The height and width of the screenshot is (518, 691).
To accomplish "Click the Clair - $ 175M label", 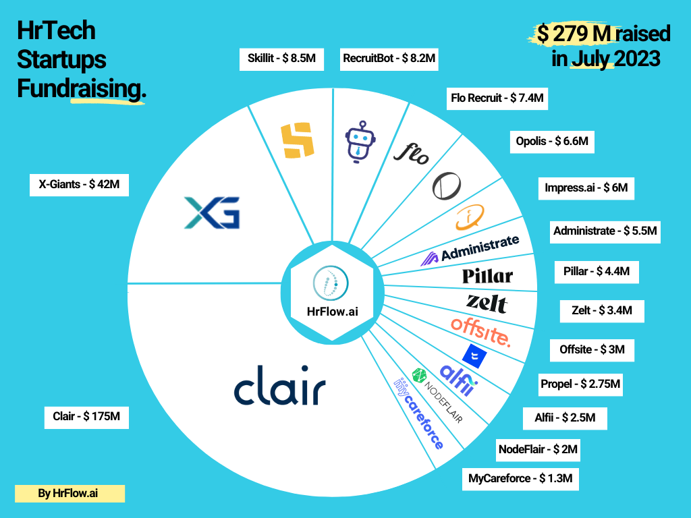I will pyautogui.click(x=86, y=416).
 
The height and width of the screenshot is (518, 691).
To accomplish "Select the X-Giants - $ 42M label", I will pyautogui.click(x=80, y=185).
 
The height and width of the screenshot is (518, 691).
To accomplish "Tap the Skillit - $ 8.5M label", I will pyautogui.click(x=281, y=59).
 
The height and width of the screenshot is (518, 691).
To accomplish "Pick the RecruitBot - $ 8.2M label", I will pyautogui.click(x=389, y=59).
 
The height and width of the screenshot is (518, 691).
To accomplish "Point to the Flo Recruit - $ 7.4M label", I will pyautogui.click(x=497, y=98).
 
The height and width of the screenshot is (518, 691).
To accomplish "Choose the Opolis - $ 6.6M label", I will pyautogui.click(x=551, y=142).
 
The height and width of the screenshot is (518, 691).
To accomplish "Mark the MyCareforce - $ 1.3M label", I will pyautogui.click(x=520, y=479).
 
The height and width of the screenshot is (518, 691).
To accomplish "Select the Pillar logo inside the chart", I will pyautogui.click(x=487, y=275).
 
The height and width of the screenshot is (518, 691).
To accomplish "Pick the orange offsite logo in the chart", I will pyautogui.click(x=480, y=330).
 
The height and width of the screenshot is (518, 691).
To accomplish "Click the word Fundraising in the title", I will pyautogui.click(x=81, y=89).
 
